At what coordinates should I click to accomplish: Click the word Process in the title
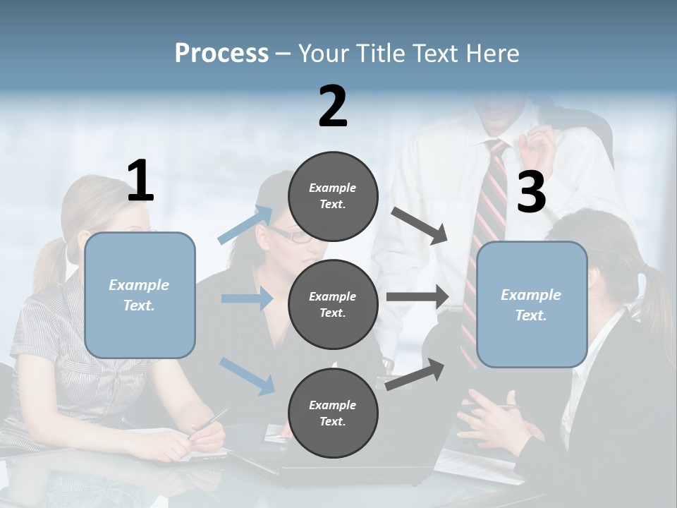(x=221, y=54)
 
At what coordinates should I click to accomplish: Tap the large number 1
(x=140, y=181)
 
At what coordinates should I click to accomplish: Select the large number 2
(x=333, y=107)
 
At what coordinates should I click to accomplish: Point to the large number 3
(x=531, y=193)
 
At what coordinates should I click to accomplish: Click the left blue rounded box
(x=140, y=295)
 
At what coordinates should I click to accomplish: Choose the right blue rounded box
(x=531, y=304)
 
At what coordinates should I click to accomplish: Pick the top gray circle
(x=333, y=196)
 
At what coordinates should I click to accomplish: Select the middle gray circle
(x=333, y=304)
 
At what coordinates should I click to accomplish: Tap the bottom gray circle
(x=333, y=413)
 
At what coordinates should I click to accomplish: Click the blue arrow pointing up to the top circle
(x=245, y=224)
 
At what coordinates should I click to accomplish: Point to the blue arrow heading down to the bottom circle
(x=248, y=375)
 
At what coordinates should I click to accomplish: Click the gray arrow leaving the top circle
(x=420, y=225)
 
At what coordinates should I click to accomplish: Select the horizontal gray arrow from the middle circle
(x=417, y=297)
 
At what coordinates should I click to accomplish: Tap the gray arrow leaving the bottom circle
(x=415, y=374)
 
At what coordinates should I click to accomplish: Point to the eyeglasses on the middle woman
(x=296, y=236)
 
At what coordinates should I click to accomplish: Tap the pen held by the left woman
(x=209, y=423)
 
